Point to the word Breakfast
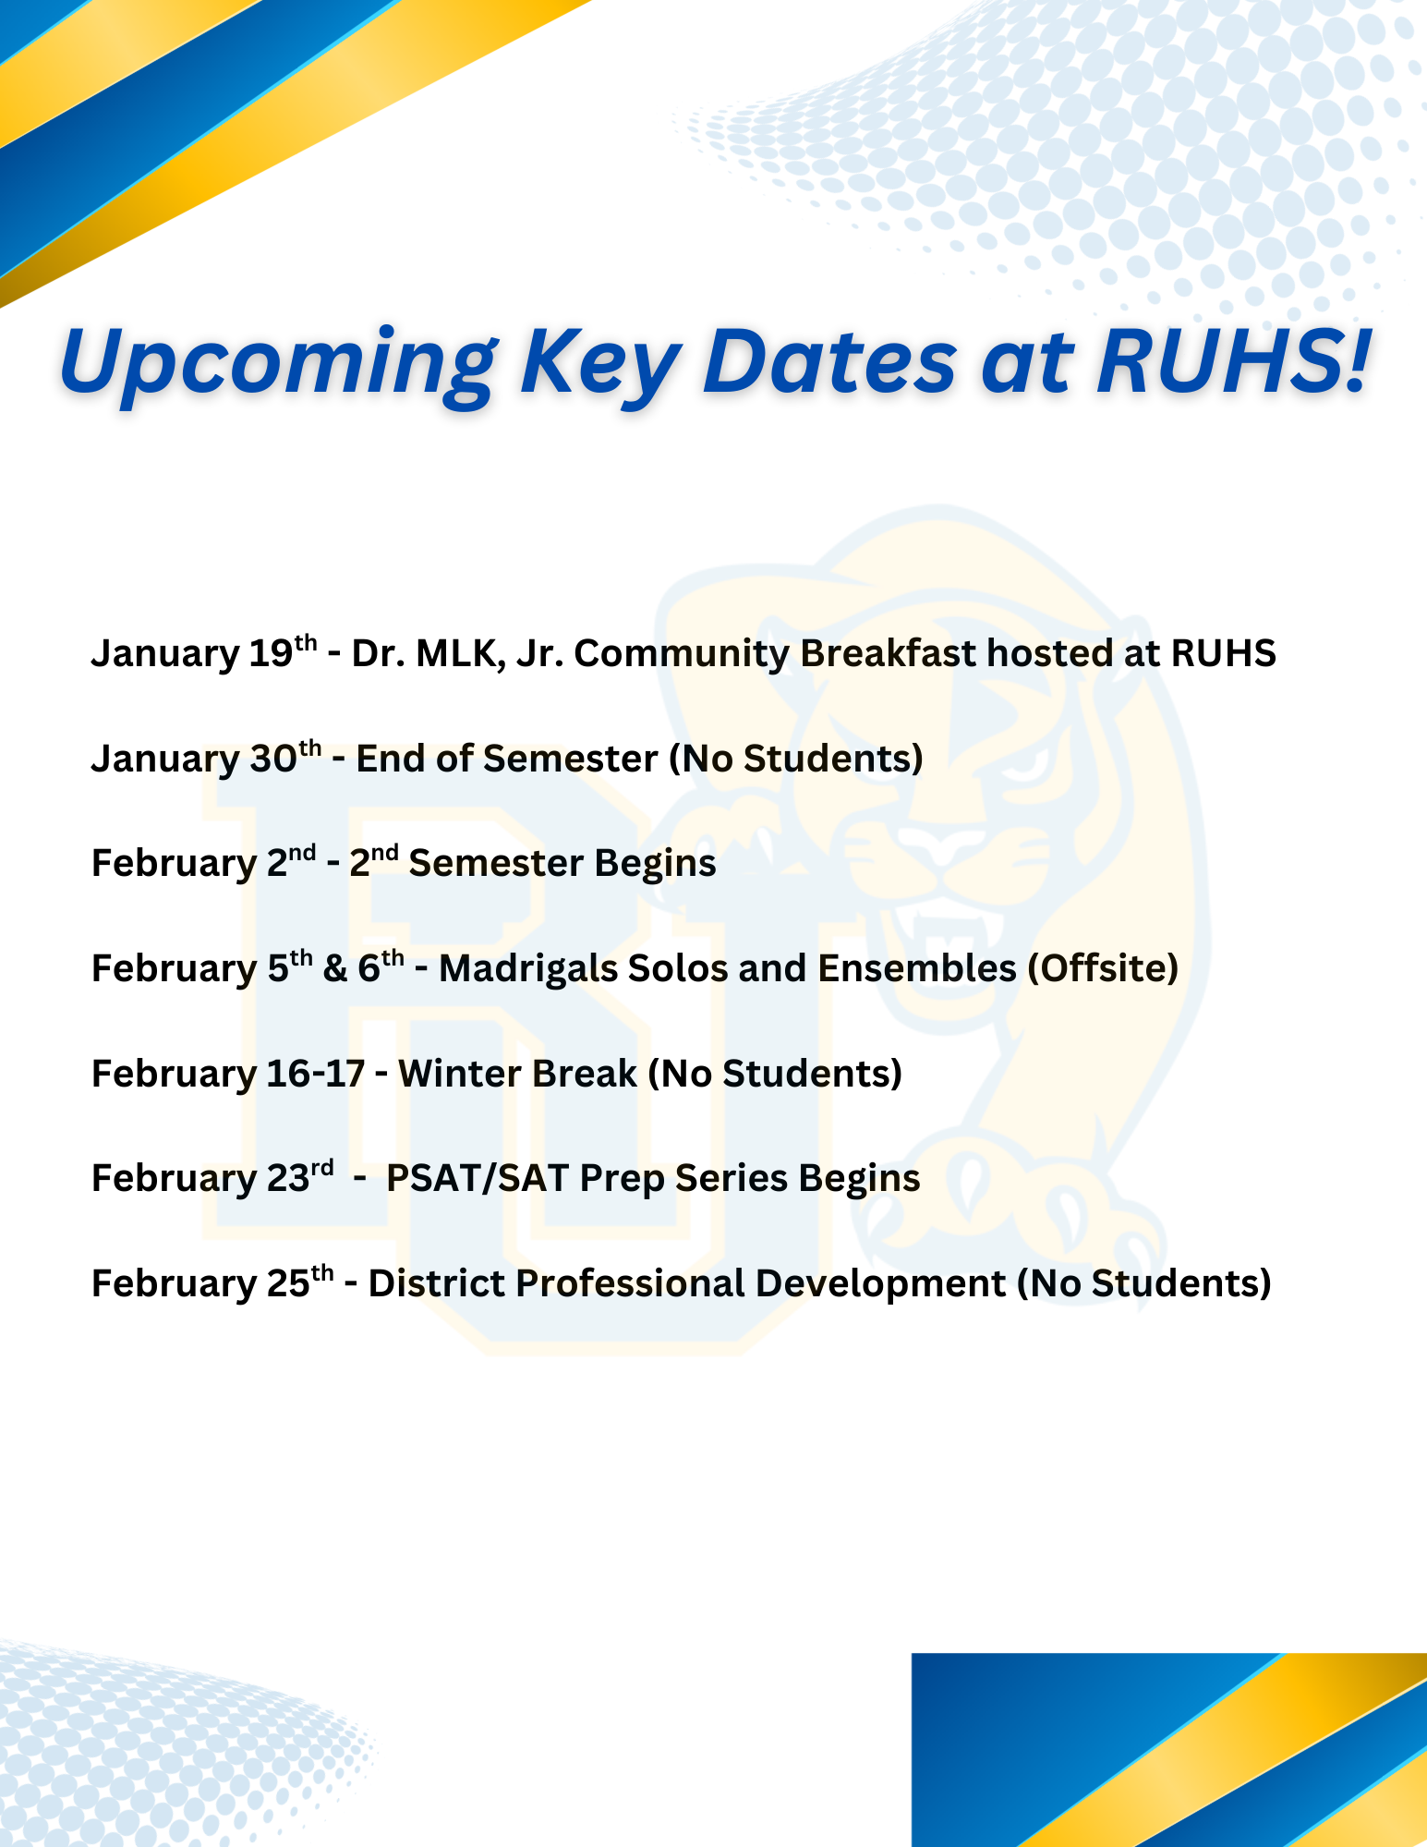[888, 653]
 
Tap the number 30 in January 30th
[273, 759]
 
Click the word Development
[881, 1285]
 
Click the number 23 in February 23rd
[287, 1179]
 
